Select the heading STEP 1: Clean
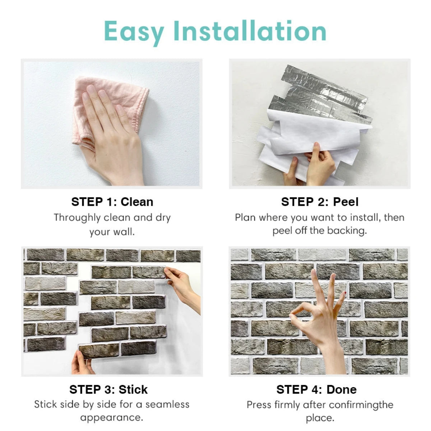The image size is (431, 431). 112,202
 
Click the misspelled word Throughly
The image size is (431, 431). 77,218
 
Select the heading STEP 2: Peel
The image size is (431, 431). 320,202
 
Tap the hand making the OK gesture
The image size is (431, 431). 321,316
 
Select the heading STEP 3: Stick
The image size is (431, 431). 108,389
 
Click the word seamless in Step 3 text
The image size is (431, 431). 167,404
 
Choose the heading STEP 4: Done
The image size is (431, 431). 316,389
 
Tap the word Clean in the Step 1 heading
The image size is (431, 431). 137,202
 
